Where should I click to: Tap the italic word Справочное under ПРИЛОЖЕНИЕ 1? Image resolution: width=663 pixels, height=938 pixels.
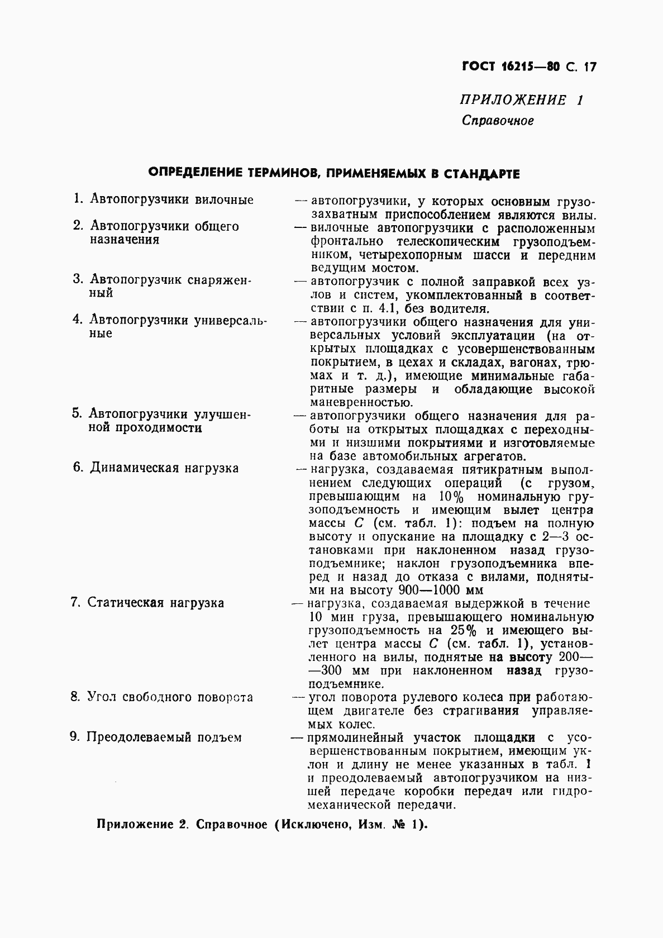tap(498, 121)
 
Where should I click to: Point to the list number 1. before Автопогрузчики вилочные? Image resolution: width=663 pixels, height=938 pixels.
tap(79, 199)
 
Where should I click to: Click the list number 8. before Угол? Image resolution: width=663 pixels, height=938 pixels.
tap(76, 697)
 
